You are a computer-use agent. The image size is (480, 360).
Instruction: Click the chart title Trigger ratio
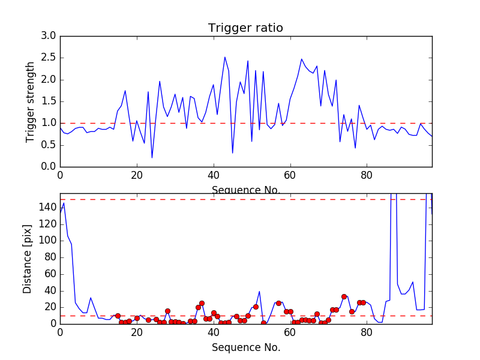click(245, 28)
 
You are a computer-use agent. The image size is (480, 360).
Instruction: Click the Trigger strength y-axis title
click(31, 101)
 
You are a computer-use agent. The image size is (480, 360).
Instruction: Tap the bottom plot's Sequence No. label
click(245, 347)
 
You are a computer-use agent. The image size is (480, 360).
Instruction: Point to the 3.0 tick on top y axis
click(49, 36)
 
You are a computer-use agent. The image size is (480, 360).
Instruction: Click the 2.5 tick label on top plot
click(49, 58)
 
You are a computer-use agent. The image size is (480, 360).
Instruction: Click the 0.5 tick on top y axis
click(49, 145)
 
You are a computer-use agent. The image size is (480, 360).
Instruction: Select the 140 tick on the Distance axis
click(46, 207)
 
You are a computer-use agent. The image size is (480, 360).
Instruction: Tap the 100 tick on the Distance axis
click(46, 241)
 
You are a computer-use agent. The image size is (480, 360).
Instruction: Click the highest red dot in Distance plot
click(344, 296)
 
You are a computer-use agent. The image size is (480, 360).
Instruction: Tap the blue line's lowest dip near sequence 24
click(152, 158)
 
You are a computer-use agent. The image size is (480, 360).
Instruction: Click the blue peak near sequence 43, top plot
click(225, 57)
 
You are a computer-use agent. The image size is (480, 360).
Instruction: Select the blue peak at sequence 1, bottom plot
click(64, 203)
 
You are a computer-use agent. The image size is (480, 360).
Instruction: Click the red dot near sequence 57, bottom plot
click(278, 303)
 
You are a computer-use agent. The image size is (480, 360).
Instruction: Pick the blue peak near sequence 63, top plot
click(302, 59)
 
